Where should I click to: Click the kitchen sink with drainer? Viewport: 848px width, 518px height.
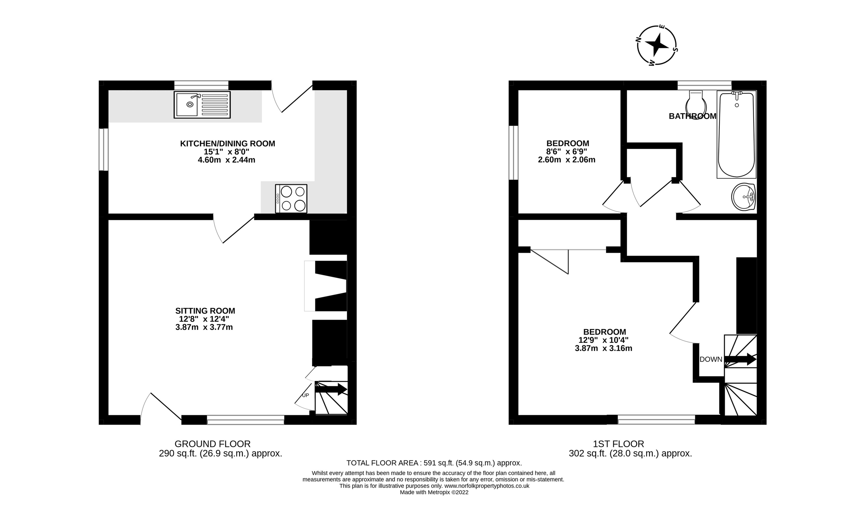click(202, 105)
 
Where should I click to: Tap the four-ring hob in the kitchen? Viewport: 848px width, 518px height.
click(291, 198)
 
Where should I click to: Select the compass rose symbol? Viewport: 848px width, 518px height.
click(657, 45)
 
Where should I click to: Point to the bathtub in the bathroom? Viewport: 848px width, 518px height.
click(736, 134)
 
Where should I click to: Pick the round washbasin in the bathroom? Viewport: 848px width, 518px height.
click(743, 196)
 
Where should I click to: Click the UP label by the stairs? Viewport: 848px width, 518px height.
click(305, 395)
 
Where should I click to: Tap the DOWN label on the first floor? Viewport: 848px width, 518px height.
click(711, 359)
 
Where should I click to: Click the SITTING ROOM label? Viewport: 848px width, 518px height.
click(205, 311)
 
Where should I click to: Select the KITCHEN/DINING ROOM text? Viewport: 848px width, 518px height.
click(228, 143)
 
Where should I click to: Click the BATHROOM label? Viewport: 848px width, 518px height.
click(692, 116)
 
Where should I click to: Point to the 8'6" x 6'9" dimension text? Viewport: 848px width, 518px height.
click(566, 151)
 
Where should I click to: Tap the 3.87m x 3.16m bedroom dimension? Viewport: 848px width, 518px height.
click(603, 348)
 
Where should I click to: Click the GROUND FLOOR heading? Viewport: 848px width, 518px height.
click(212, 444)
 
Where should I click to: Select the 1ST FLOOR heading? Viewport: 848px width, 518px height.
click(618, 444)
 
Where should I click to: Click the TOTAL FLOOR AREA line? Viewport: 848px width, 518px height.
click(434, 463)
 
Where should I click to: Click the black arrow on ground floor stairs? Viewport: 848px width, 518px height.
click(331, 389)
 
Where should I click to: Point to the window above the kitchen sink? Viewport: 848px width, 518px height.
click(201, 85)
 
